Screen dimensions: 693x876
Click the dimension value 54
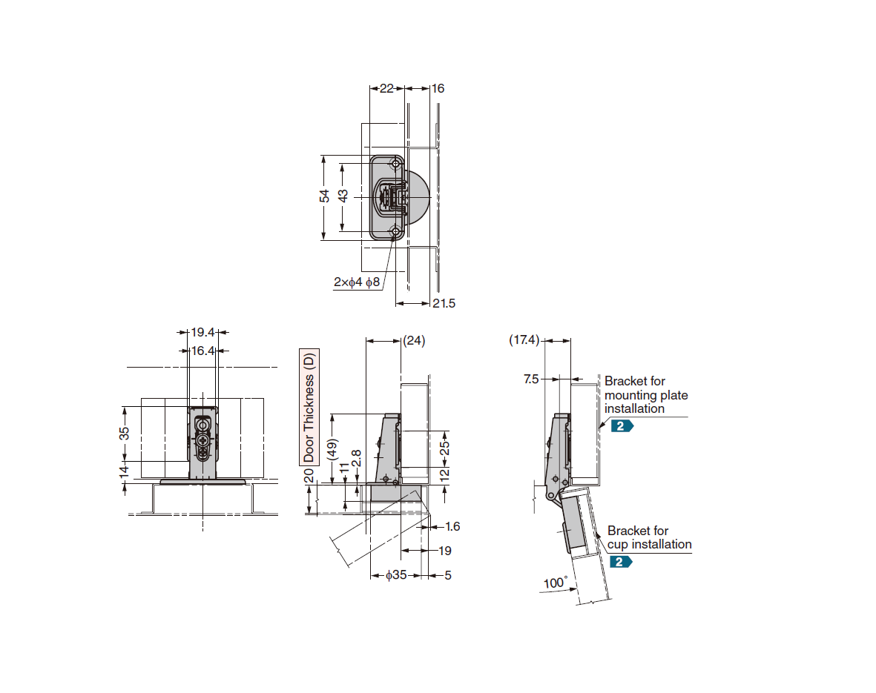tap(324, 197)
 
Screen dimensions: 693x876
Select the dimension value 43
tap(343, 197)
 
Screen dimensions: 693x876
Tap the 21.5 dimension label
tap(444, 303)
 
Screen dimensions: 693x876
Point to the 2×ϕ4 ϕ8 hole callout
tap(356, 282)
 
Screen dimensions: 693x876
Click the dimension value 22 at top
tap(386, 88)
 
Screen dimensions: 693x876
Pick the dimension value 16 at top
tap(438, 88)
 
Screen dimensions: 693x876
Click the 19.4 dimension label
tap(203, 333)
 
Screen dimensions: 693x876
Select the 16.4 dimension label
tap(202, 351)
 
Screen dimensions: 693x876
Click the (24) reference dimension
tap(413, 341)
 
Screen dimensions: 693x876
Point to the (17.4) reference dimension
tap(524, 340)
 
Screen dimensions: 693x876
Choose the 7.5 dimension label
tap(531, 379)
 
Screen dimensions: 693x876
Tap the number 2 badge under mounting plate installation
tap(622, 425)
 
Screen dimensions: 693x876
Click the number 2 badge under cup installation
tap(620, 561)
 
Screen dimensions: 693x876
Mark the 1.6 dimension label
tap(452, 527)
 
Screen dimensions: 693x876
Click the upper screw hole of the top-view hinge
tap(396, 164)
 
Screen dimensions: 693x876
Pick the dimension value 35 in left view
tap(125, 433)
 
